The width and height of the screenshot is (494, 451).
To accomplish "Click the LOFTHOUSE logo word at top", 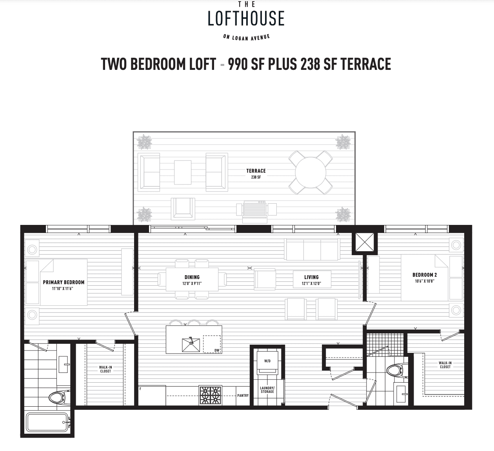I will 246,18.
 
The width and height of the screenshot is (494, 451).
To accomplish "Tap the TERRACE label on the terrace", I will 256,171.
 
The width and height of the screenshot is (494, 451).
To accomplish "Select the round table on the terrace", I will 311,173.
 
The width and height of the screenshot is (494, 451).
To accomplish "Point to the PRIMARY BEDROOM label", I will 64,282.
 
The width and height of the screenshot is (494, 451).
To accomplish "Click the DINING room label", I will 192,277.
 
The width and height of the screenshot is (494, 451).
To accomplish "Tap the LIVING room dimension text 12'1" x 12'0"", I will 311,283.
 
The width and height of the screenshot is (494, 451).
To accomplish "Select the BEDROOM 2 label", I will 424,275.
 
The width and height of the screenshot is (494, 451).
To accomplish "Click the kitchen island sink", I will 191,345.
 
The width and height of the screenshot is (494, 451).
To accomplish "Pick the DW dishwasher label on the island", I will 216,351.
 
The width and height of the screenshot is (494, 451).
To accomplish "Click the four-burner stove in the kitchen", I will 211,395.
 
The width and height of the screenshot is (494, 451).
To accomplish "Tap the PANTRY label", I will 243,395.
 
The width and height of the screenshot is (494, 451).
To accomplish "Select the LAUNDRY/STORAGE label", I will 267,390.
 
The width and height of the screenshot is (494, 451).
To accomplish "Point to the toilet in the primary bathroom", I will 59,397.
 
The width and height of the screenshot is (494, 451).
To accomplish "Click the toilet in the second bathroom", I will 394,370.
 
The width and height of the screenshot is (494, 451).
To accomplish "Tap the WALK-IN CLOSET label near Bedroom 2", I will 445,365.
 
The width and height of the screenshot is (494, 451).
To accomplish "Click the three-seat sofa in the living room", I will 312,249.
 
